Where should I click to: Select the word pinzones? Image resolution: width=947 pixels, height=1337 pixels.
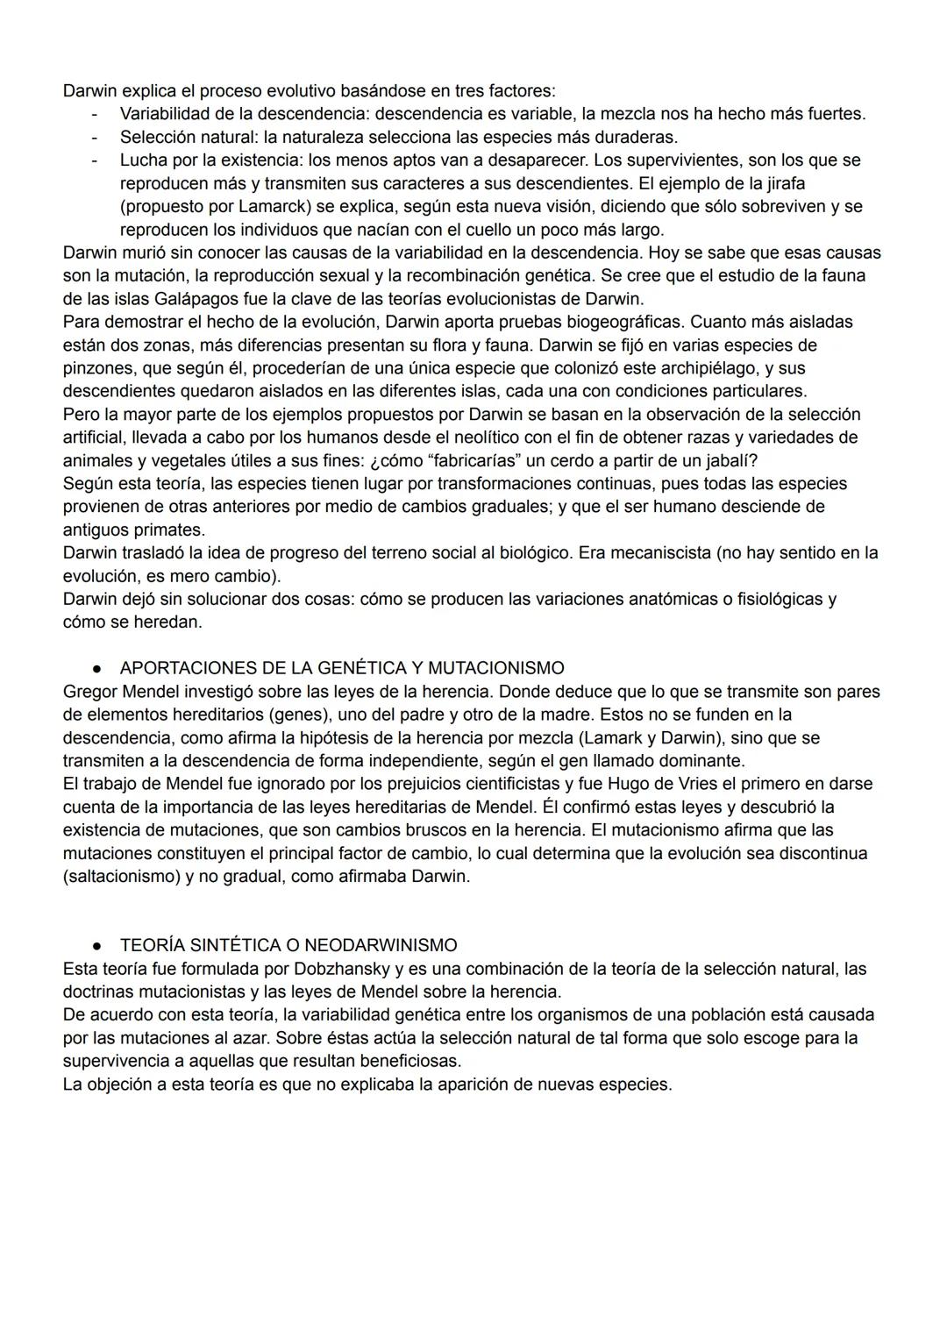tap(96, 367)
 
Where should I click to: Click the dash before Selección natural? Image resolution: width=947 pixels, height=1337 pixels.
tap(94, 137)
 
